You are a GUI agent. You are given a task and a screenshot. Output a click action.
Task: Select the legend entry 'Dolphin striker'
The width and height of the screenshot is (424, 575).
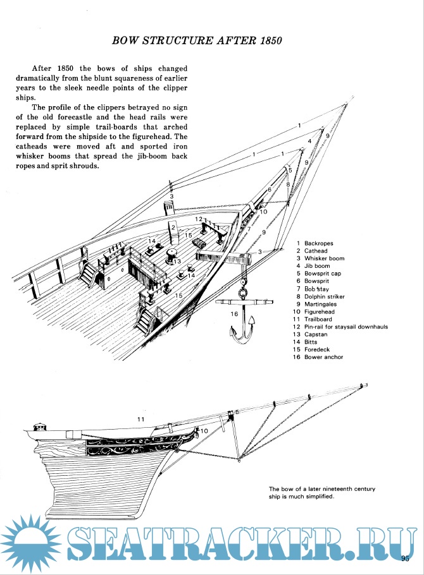(x=326, y=296)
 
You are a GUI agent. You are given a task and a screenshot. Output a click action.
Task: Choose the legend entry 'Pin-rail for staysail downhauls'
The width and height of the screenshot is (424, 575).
(x=346, y=327)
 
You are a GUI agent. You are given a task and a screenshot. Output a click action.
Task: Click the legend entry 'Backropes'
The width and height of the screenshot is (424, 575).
(x=318, y=243)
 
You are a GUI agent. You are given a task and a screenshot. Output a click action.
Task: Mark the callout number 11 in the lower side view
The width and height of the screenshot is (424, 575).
(x=141, y=418)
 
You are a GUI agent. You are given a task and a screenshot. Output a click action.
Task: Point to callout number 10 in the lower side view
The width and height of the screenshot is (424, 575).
(x=204, y=431)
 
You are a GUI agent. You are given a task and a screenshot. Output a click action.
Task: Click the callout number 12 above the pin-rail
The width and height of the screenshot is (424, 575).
(x=199, y=219)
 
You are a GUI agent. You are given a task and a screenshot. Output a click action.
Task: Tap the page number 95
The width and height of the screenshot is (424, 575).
(x=406, y=557)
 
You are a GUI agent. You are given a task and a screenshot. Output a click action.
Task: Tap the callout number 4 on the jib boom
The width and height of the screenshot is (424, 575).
(x=309, y=141)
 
